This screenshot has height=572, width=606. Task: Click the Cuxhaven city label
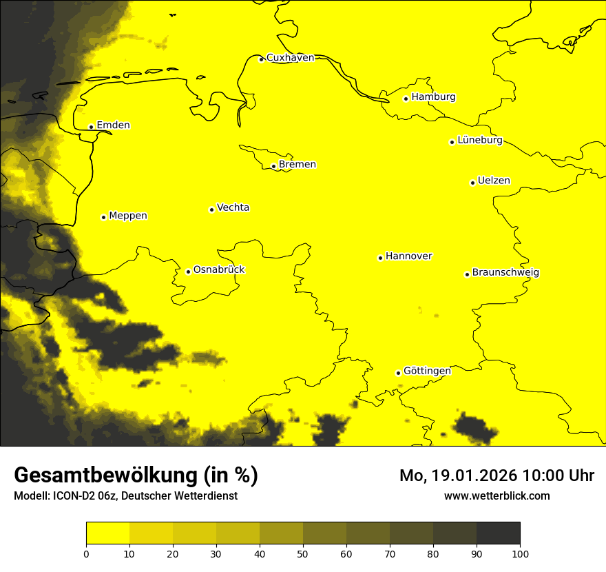[290, 58]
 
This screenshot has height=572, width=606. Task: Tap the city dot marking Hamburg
[406, 99]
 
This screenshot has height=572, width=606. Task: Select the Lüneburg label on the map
[479, 141]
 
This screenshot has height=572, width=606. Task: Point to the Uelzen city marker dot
[472, 183]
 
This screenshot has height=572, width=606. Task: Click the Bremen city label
[297, 165]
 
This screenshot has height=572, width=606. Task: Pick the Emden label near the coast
[113, 125]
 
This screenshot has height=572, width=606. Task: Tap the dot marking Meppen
[103, 217]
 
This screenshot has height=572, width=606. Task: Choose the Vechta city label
[233, 207]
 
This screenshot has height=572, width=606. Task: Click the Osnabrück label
[219, 270]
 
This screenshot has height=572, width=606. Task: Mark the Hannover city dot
[380, 258]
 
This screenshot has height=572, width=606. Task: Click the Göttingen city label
[427, 371]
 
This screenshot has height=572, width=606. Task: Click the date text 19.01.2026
[472, 476]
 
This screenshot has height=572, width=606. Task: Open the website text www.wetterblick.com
[497, 496]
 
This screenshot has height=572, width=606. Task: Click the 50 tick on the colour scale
[303, 553]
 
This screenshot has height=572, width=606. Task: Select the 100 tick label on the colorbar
[520, 553]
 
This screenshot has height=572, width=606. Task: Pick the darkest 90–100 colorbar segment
[498, 533]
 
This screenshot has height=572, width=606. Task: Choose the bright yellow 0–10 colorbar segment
[107, 533]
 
